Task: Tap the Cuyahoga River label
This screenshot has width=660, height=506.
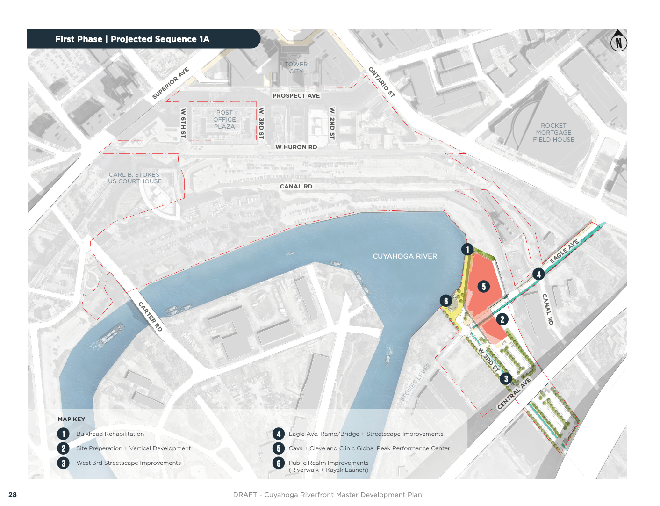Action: point(405,256)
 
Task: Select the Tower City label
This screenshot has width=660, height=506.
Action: point(296,68)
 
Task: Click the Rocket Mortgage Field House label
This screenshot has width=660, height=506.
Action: point(553,133)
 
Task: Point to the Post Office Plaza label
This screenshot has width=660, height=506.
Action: point(224,120)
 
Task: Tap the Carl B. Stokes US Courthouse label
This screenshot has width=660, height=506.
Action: point(135,178)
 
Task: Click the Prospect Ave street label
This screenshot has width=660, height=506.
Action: point(296,96)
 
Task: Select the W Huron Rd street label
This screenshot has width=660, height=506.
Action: point(296,147)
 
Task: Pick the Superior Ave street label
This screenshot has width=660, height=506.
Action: point(171,83)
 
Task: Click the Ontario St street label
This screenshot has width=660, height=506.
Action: point(382,82)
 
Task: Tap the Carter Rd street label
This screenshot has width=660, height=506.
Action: point(150,317)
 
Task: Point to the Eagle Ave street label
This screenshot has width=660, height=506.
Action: point(564,251)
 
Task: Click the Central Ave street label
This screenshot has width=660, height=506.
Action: point(514,394)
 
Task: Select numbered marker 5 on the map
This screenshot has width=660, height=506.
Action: point(484,286)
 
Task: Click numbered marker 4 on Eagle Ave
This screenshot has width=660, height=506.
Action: point(538,275)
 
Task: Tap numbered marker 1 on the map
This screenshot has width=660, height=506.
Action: point(467,249)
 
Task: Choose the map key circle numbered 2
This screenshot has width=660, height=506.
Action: point(64,448)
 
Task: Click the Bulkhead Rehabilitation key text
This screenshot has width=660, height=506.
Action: point(110,434)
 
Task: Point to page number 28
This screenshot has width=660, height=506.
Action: point(13,495)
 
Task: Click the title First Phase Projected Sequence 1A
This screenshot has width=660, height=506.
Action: point(132,39)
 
